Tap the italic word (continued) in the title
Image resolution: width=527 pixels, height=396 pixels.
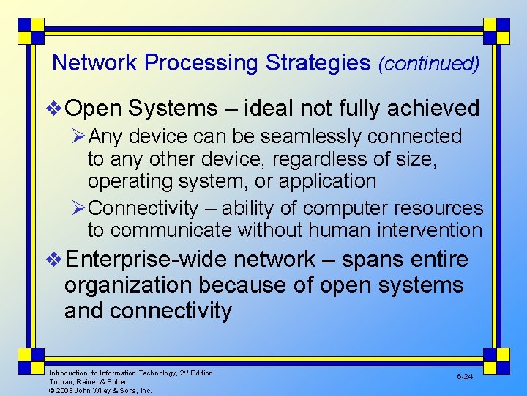click(x=428, y=64)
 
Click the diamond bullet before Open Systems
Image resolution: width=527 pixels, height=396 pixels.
click(x=56, y=109)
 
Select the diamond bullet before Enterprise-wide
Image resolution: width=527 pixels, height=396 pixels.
click(x=56, y=260)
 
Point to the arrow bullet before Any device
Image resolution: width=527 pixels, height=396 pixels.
click(x=79, y=137)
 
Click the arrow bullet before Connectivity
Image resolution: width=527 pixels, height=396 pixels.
click(x=79, y=209)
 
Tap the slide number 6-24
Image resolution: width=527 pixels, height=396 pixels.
click(x=466, y=376)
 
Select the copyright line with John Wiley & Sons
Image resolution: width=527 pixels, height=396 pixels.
click(x=100, y=391)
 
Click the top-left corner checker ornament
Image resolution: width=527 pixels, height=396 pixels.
click(x=31, y=32)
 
